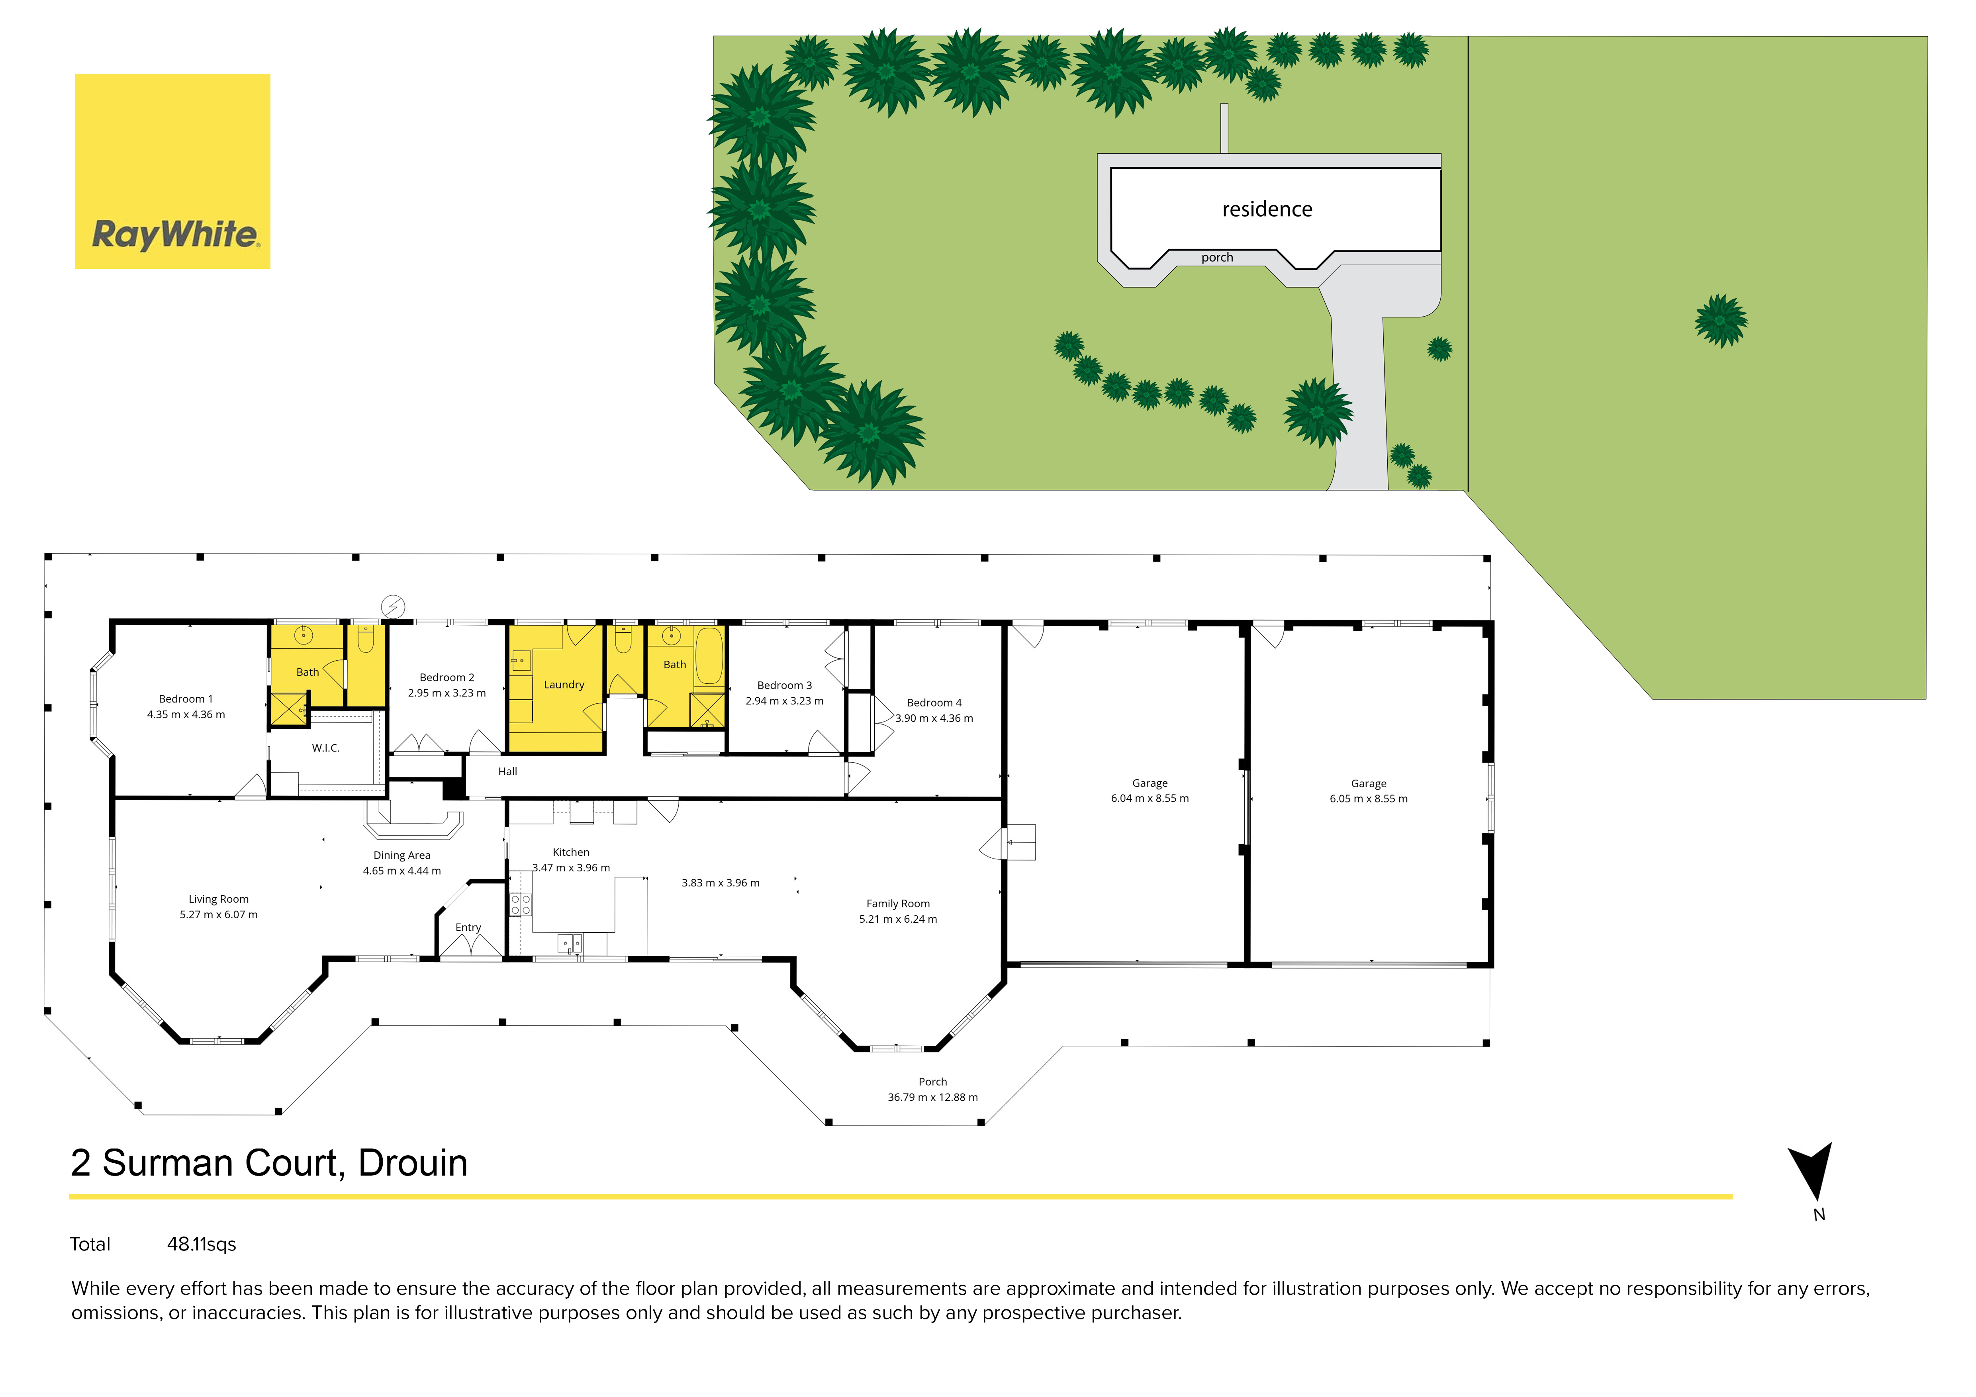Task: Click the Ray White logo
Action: pos(173,171)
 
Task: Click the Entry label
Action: pos(468,927)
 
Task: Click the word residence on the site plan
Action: pos(1267,209)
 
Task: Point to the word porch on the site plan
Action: pos(1217,257)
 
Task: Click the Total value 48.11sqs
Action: pos(202,1244)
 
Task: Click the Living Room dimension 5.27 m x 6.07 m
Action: pos(219,914)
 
